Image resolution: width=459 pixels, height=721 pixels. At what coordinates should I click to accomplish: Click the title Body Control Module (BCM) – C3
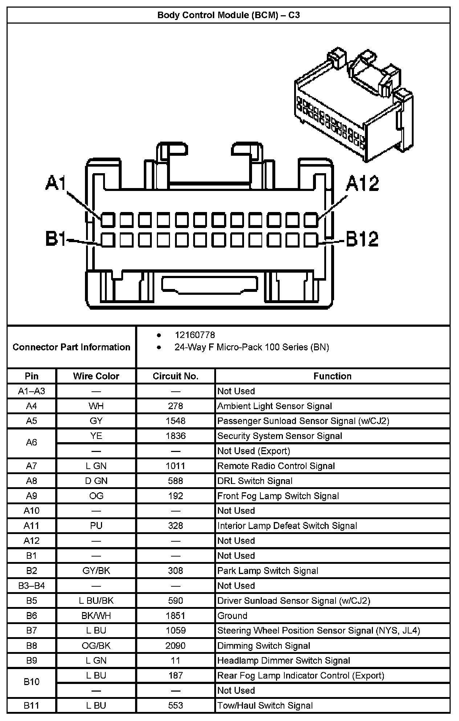(x=228, y=15)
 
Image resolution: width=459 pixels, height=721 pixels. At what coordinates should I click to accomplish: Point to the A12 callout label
(x=362, y=183)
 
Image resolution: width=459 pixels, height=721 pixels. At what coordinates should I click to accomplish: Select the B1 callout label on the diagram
(x=56, y=239)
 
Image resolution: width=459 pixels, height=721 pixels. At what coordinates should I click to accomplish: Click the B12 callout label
(x=362, y=239)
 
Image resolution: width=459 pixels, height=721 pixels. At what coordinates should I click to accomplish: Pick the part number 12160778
(x=195, y=335)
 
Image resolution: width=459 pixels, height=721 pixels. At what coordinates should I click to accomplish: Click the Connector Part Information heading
(x=71, y=347)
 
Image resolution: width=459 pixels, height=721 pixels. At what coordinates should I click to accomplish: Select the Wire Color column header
(x=96, y=376)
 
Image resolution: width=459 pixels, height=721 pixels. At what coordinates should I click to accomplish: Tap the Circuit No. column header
(x=175, y=376)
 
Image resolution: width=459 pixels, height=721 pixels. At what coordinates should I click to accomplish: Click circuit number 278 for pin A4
(x=175, y=406)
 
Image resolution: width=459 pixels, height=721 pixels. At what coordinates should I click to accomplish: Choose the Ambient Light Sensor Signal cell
(x=275, y=406)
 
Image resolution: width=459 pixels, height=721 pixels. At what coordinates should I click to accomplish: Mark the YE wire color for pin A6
(x=96, y=436)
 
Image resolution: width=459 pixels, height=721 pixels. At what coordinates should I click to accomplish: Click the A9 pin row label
(x=32, y=496)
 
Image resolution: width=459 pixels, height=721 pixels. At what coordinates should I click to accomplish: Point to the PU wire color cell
(x=96, y=526)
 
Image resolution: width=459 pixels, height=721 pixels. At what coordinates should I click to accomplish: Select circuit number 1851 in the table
(x=175, y=616)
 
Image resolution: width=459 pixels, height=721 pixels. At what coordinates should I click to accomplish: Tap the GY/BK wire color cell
(x=96, y=571)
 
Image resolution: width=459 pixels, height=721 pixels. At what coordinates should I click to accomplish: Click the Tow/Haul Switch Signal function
(x=265, y=706)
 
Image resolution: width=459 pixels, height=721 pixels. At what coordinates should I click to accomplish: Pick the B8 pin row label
(x=32, y=645)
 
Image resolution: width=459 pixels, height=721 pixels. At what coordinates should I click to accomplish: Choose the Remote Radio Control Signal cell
(x=276, y=466)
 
